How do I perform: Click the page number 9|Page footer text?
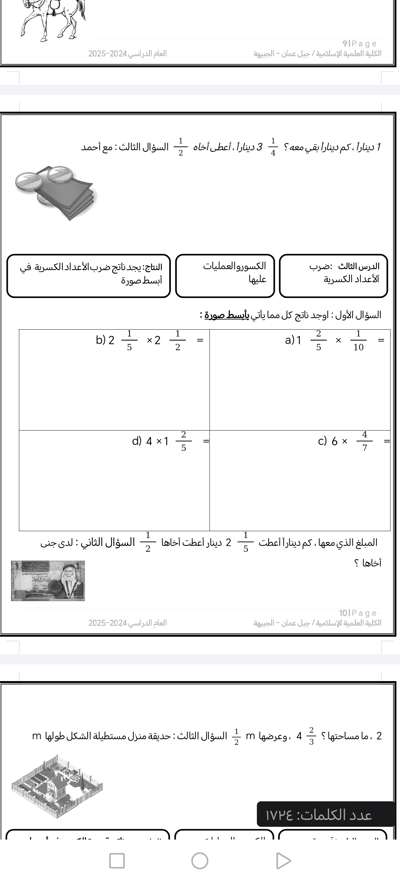click(359, 43)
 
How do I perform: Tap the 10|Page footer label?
click(358, 613)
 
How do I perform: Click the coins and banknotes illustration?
click(55, 192)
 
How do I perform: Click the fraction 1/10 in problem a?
click(358, 340)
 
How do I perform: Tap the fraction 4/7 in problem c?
click(364, 441)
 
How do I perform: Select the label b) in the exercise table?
click(100, 340)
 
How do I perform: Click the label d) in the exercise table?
click(137, 441)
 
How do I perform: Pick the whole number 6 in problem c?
click(335, 441)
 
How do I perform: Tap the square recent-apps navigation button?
click(117, 860)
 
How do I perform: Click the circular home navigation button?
click(200, 860)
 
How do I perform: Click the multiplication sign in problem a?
click(338, 340)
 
